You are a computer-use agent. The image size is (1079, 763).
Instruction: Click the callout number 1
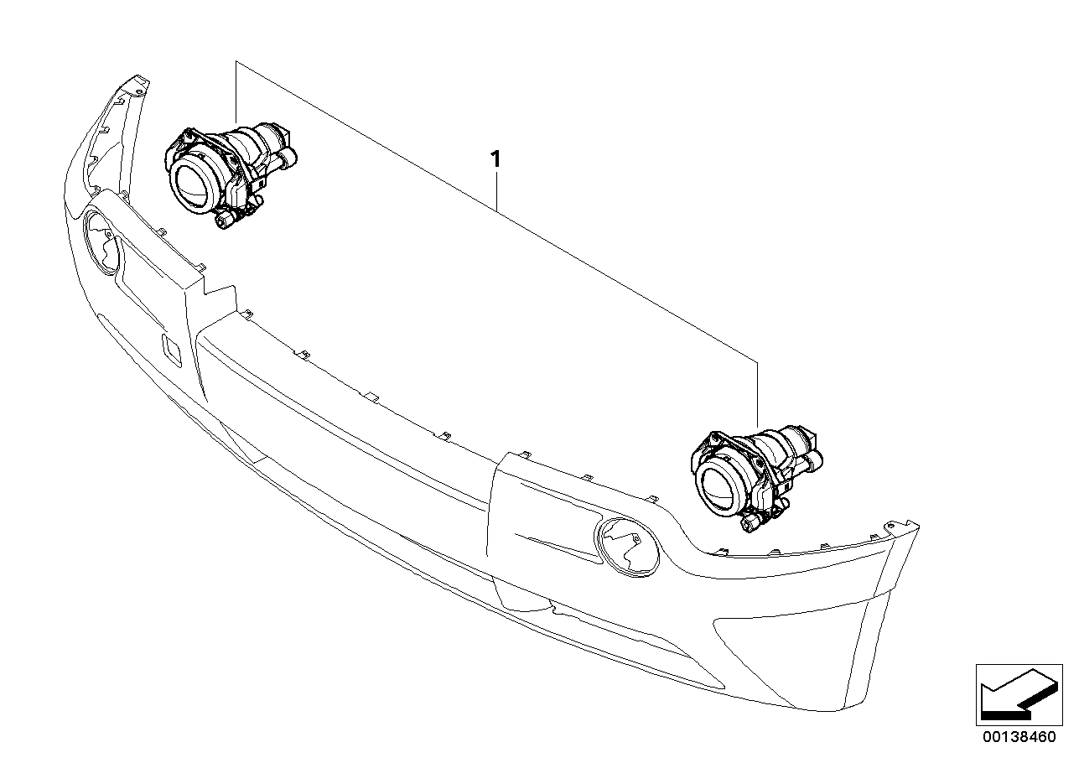(495, 158)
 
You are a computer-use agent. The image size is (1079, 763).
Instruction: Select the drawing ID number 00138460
(1019, 738)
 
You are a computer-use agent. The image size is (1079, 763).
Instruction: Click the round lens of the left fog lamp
(193, 183)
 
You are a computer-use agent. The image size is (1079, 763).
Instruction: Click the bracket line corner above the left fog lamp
(236, 62)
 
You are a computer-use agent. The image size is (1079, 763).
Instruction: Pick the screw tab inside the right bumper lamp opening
(635, 537)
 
